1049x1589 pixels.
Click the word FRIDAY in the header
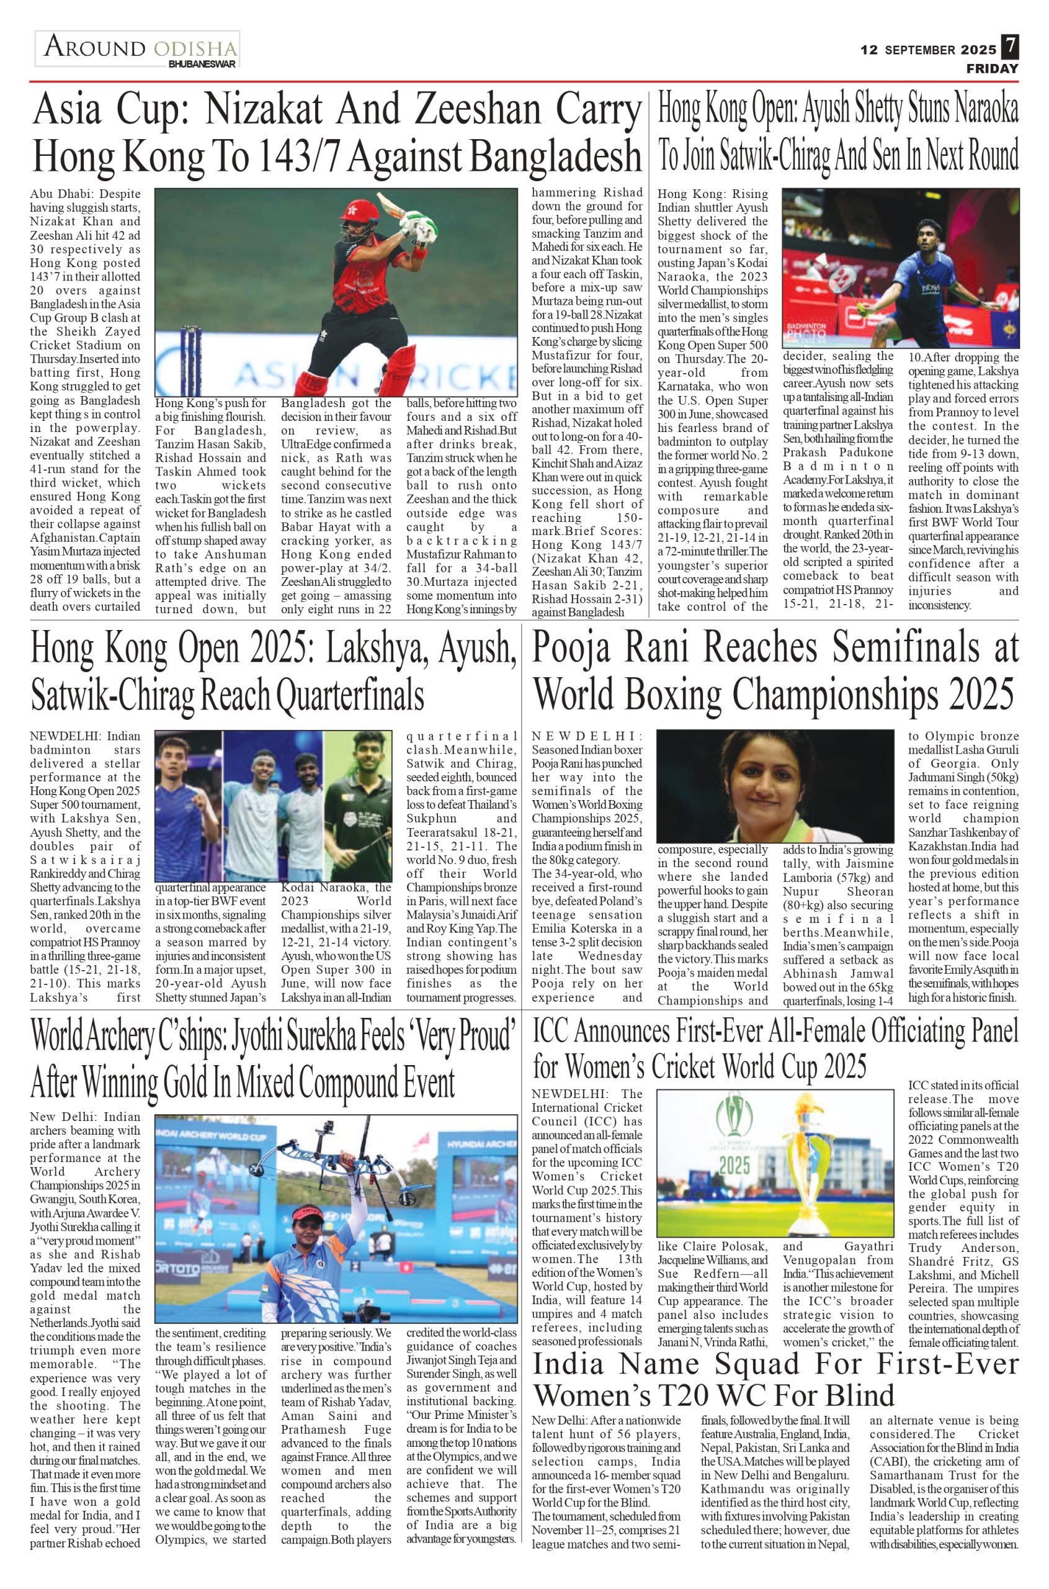tap(992, 68)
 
